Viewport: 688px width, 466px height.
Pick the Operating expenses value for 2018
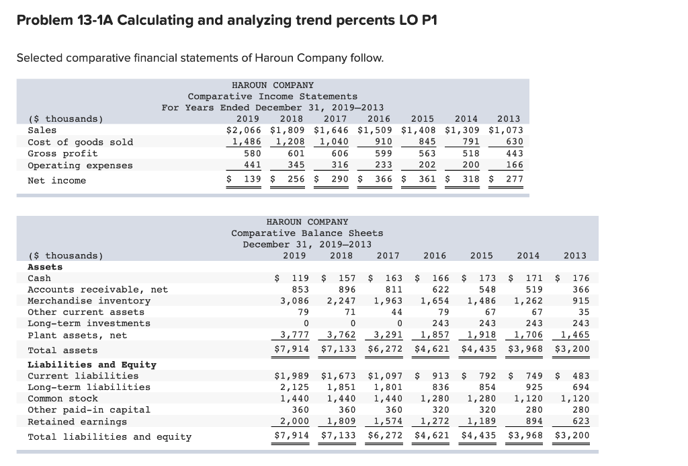point(292,165)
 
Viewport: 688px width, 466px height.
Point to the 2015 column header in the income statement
point(423,119)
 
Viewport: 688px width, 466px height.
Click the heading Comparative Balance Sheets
point(307,233)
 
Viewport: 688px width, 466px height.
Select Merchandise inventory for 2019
point(296,301)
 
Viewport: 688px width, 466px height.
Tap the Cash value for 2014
point(527,278)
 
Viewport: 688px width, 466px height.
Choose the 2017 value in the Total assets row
point(384,350)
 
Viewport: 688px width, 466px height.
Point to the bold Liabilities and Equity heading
point(91,364)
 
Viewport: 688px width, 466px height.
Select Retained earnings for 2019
point(296,422)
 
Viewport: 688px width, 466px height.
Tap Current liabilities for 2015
point(479,376)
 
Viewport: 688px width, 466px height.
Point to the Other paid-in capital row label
point(89,410)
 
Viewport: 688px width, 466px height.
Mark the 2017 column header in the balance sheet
point(388,256)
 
